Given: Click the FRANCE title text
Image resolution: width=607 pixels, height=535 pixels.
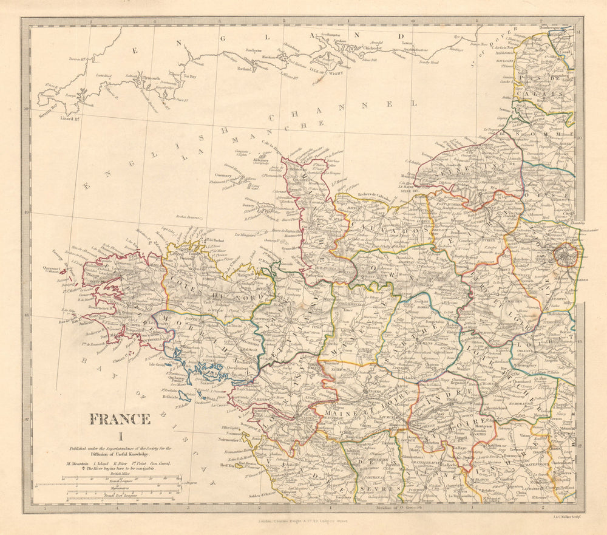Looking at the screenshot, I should pos(120,419).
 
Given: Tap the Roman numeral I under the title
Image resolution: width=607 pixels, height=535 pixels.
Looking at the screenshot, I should pos(120,435).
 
